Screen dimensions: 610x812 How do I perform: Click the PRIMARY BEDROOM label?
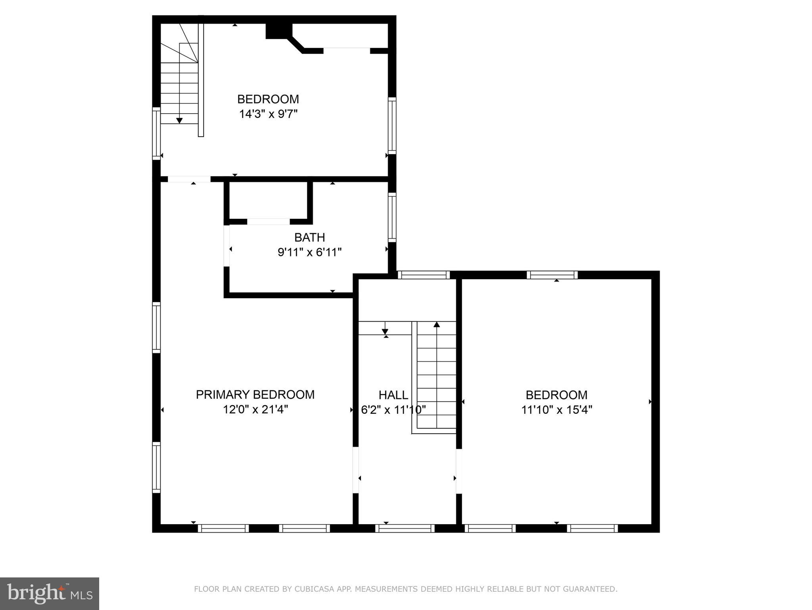click(255, 394)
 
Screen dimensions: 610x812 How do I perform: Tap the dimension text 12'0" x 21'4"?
click(255, 409)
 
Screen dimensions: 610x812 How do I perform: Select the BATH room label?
click(309, 237)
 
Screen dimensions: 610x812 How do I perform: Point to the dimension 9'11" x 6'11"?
click(309, 252)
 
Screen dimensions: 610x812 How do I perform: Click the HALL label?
click(393, 395)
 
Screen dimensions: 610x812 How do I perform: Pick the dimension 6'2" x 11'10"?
click(393, 409)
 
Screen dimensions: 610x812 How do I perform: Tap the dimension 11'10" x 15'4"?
click(556, 409)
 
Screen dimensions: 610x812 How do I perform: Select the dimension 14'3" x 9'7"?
click(268, 114)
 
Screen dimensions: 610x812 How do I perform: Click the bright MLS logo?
click(49, 594)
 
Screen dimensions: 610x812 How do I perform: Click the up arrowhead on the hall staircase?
click(437, 324)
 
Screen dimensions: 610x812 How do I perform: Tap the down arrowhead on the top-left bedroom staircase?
click(179, 120)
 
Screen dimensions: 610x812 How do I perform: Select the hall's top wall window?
click(424, 275)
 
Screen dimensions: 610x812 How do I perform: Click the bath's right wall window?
click(392, 217)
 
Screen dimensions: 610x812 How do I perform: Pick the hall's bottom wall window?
click(405, 528)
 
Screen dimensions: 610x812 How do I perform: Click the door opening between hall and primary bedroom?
click(356, 470)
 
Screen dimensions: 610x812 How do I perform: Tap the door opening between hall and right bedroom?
click(459, 471)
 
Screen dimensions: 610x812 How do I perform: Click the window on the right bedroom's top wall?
click(552, 275)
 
